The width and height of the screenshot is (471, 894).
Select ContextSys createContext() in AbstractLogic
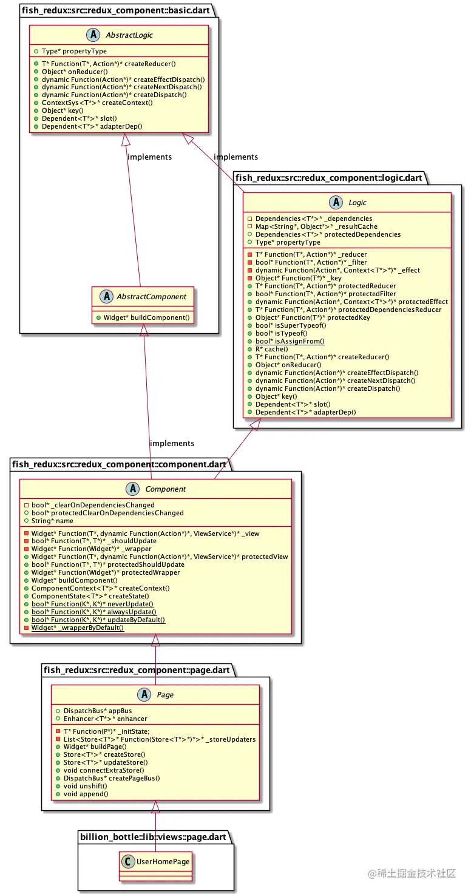click(x=97, y=103)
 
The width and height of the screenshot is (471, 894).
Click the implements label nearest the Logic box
click(x=235, y=157)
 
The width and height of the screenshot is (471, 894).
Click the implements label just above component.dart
click(x=172, y=443)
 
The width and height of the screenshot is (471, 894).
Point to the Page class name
click(x=165, y=694)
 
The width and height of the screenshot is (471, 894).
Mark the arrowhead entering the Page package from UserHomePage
click(x=155, y=807)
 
